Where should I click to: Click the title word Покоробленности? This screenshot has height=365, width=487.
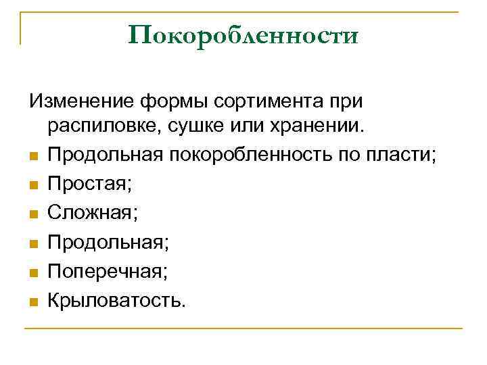243,35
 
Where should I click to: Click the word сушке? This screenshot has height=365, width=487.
204,127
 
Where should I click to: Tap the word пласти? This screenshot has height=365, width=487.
404,155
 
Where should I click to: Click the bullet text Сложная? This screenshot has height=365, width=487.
91,213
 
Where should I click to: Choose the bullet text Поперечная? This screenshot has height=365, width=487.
107,271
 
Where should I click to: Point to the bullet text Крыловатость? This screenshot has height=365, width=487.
115,300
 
